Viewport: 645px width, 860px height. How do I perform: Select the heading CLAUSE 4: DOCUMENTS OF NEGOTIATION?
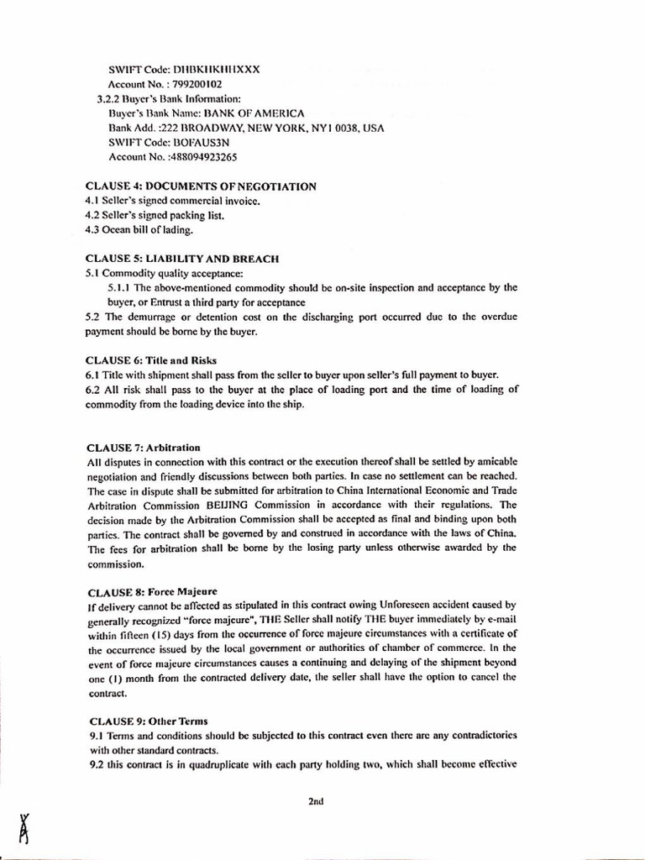click(201, 186)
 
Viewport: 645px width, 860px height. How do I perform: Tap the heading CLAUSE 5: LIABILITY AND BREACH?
click(182, 259)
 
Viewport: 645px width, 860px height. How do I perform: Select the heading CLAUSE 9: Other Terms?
click(147, 721)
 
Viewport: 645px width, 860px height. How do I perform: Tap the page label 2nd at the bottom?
click(316, 801)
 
